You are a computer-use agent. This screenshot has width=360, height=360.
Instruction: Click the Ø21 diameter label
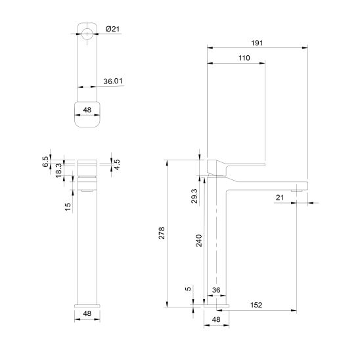(112, 29)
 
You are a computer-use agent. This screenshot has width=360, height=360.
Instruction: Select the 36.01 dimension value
(114, 82)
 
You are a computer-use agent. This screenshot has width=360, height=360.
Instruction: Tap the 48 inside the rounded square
(87, 110)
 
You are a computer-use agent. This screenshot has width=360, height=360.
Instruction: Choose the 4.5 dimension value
(117, 164)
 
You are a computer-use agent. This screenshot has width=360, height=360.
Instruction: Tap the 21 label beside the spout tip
(279, 197)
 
